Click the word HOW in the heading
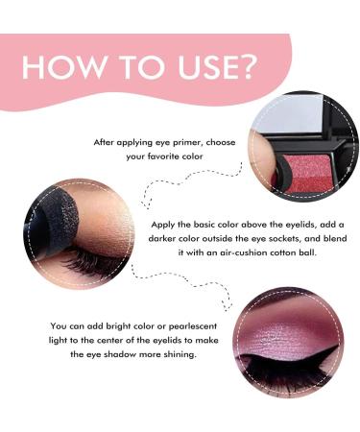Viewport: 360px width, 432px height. point(59,68)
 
